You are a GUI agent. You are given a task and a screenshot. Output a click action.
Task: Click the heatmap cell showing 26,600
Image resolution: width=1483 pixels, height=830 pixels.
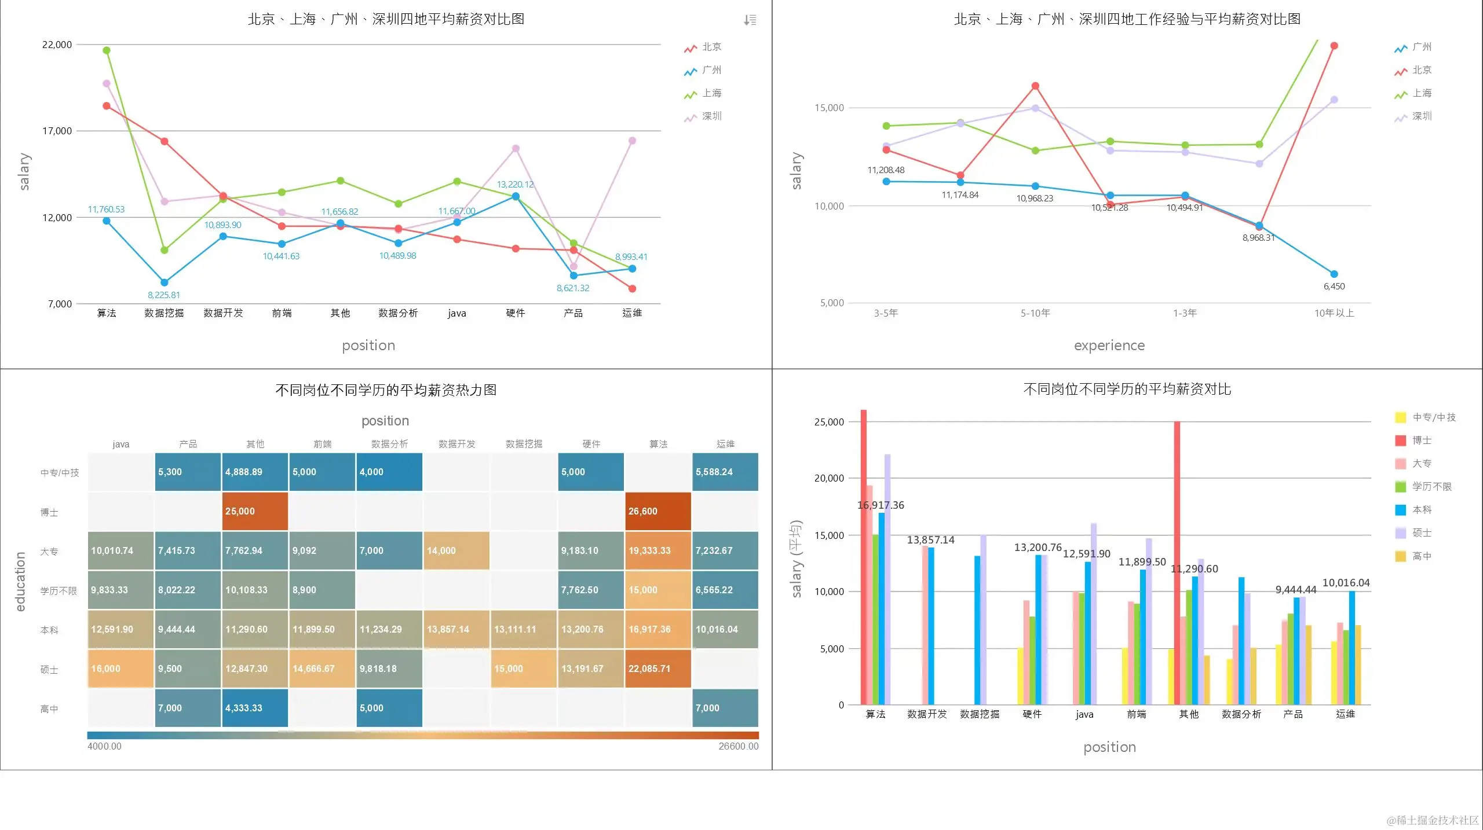click(658, 512)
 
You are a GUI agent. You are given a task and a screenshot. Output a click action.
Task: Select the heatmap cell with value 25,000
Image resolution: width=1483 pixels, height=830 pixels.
click(255, 512)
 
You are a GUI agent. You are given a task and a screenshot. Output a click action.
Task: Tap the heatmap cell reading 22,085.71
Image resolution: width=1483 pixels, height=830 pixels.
click(658, 669)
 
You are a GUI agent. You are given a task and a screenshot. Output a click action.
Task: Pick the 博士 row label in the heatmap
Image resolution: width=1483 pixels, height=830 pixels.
click(49, 513)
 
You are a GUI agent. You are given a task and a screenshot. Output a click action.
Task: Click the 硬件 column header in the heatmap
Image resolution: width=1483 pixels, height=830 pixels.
click(591, 444)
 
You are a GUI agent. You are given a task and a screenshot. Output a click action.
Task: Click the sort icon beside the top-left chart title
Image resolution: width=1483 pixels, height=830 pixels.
click(750, 20)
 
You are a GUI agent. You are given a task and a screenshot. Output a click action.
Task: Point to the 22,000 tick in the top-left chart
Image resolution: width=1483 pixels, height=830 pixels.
click(57, 45)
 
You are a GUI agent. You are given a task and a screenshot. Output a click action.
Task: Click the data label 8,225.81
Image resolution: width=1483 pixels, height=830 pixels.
click(164, 295)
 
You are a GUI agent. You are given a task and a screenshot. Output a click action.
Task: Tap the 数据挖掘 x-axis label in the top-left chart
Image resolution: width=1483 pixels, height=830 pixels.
click(164, 313)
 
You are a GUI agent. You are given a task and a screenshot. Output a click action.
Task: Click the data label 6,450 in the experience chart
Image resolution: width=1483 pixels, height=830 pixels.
click(1334, 287)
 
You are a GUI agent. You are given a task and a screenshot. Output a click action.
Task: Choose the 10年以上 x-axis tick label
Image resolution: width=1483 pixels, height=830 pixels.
click(1334, 313)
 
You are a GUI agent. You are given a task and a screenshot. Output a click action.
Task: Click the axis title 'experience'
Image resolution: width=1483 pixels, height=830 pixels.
click(1109, 346)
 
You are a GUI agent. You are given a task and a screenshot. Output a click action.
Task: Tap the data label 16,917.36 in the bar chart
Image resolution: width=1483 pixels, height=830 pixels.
click(881, 505)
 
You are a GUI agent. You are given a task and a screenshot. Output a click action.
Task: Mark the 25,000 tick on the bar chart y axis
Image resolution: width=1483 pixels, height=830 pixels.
click(829, 422)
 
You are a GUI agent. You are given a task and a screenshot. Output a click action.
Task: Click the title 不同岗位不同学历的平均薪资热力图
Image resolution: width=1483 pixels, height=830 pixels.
click(386, 390)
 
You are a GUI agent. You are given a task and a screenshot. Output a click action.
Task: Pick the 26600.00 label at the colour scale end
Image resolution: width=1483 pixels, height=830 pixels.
click(738, 747)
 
